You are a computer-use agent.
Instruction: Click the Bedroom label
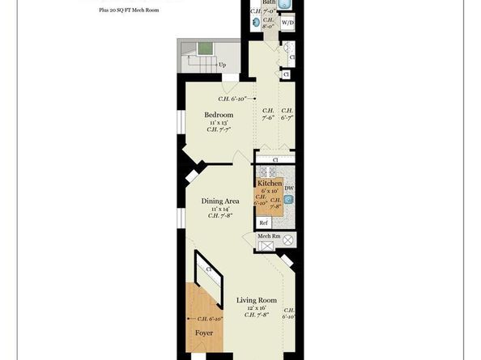(219, 115)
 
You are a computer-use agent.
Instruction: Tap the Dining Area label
(219, 200)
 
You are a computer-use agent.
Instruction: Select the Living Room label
(257, 300)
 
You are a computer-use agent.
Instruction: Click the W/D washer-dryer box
(287, 23)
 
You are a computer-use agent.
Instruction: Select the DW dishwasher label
(289, 188)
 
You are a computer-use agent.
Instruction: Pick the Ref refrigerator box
(262, 222)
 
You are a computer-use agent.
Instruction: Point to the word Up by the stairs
(221, 65)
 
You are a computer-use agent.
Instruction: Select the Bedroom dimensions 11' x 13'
(219, 123)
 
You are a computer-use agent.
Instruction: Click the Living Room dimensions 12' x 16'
(257, 308)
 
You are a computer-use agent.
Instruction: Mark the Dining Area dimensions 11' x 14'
(219, 208)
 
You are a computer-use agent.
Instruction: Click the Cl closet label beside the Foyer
(208, 269)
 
